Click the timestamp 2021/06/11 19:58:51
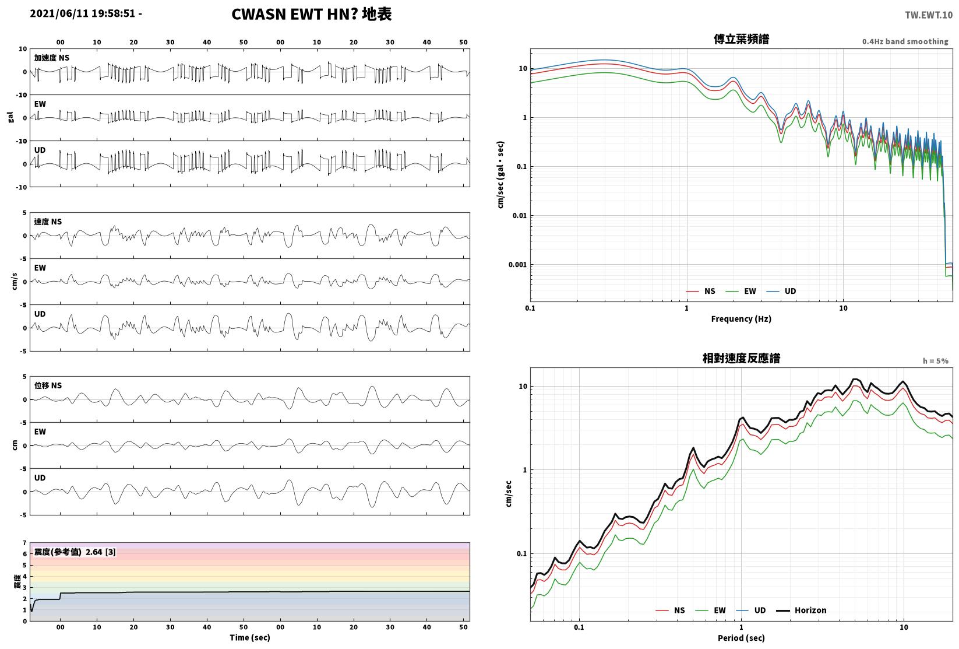point(83,13)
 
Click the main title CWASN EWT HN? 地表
point(311,14)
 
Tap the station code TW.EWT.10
point(929,15)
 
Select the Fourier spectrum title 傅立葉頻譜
point(741,39)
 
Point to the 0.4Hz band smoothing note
point(905,41)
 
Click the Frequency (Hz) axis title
point(741,319)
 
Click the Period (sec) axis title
point(741,638)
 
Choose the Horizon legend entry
point(802,610)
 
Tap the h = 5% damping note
point(936,361)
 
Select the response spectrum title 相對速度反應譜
point(741,358)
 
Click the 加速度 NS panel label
point(52,58)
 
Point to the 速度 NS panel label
point(48,222)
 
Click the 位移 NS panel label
point(48,385)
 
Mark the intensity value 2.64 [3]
point(101,552)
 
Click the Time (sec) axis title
point(250,638)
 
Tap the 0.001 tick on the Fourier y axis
point(517,265)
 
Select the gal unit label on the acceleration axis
point(10,117)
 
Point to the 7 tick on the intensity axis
point(25,543)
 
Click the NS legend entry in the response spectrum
point(671,610)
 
